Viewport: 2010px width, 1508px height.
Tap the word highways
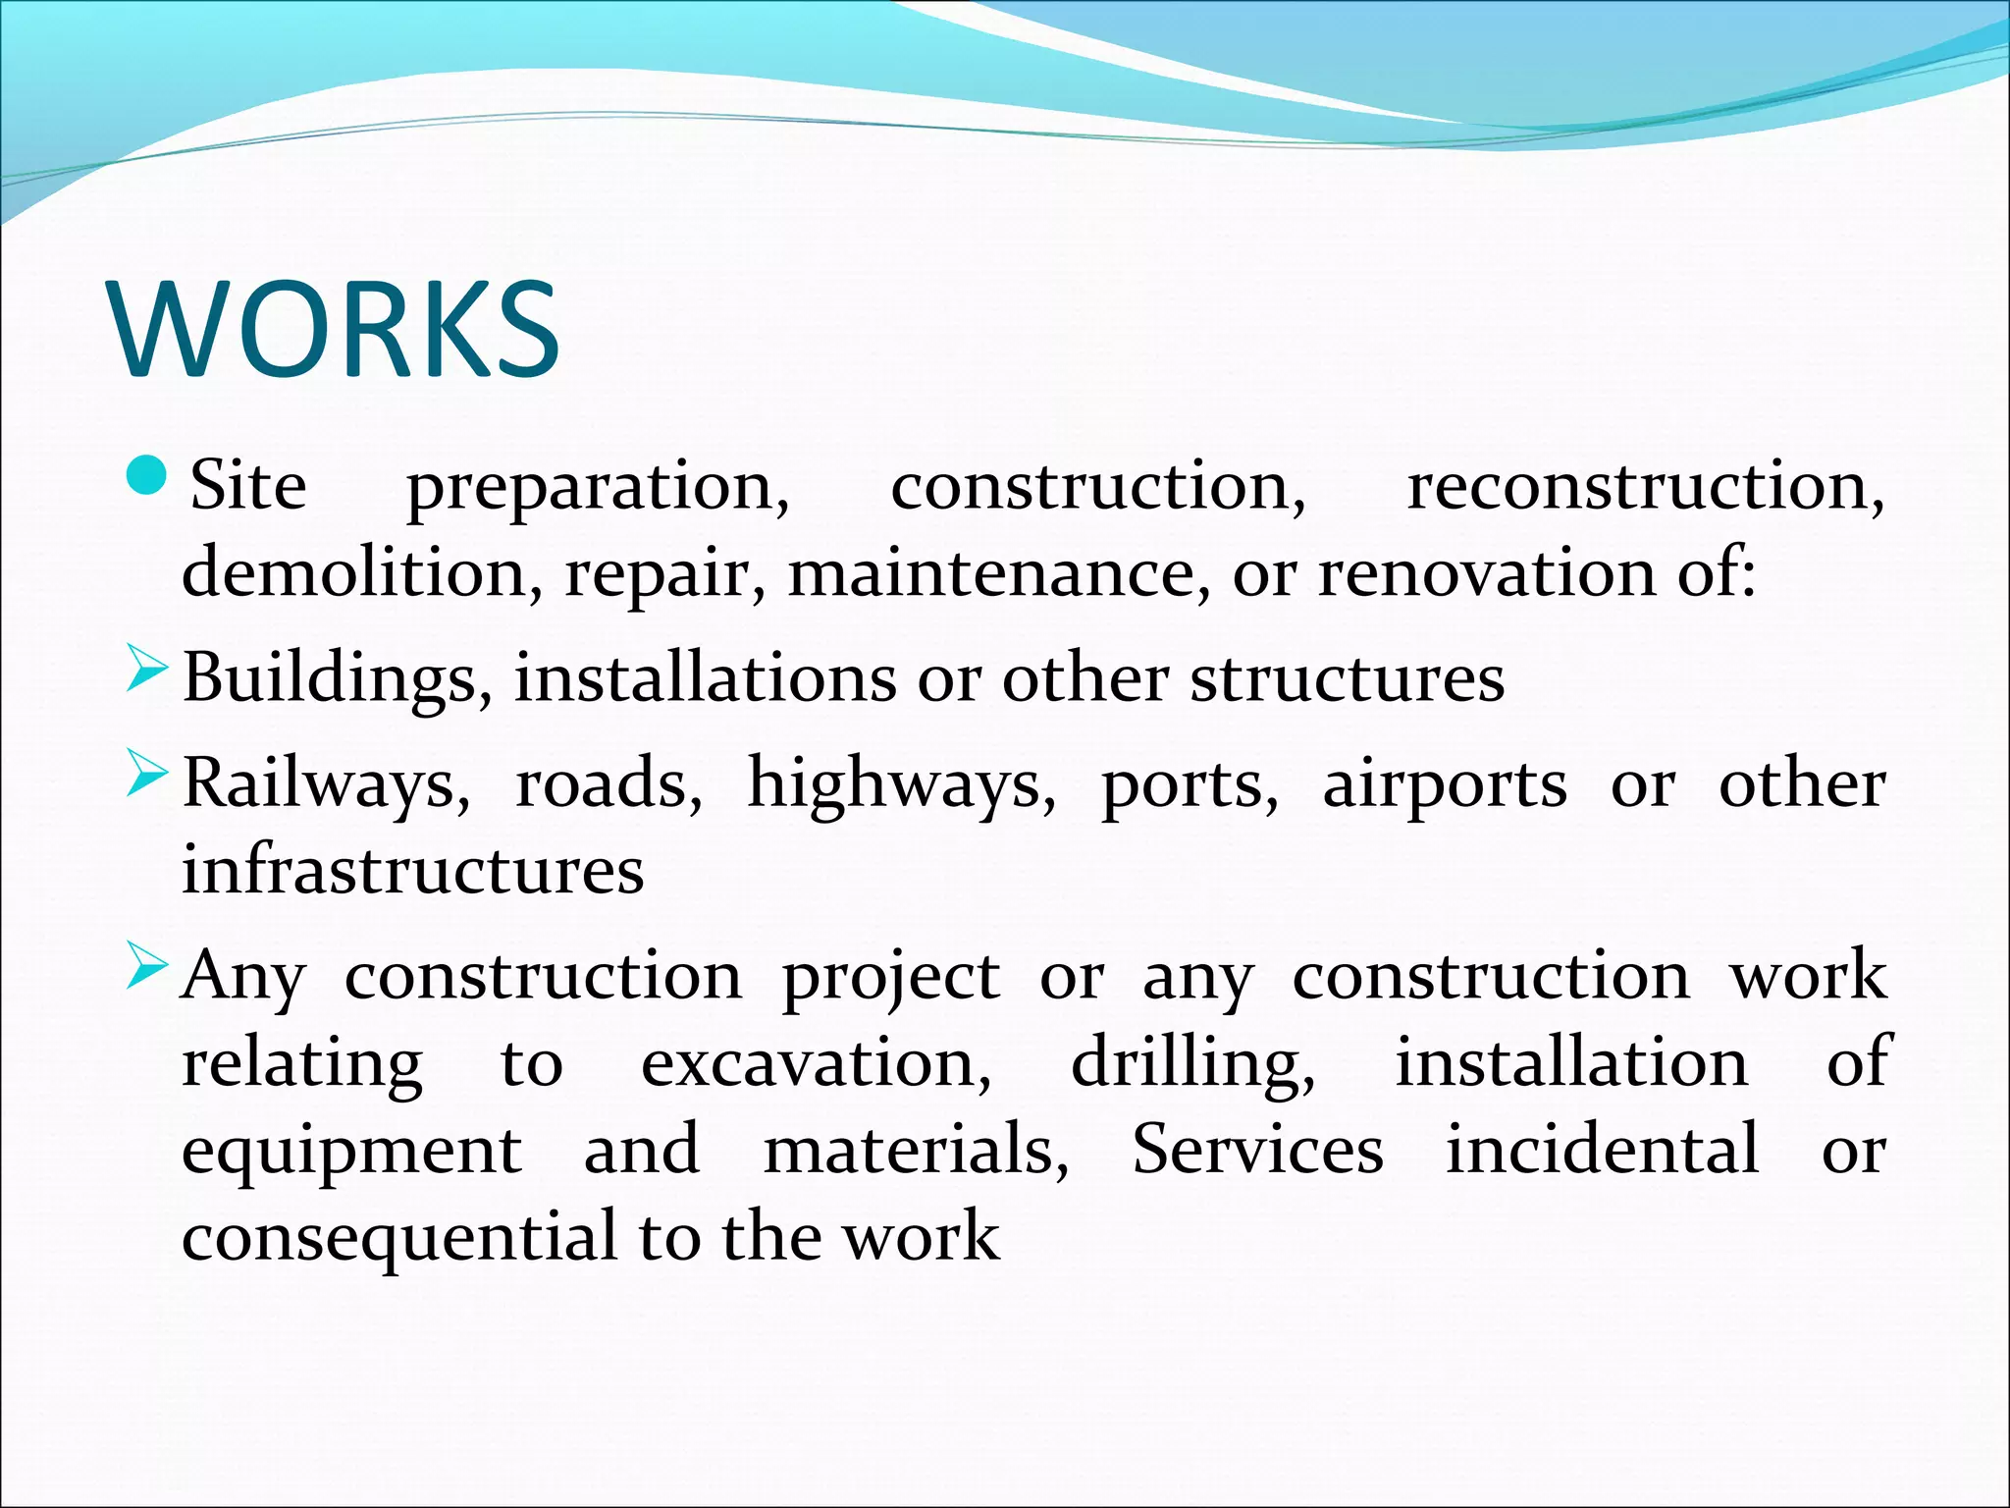[x=901, y=785]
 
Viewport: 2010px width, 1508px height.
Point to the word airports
[x=1444, y=785]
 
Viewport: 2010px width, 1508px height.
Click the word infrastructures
[x=412, y=870]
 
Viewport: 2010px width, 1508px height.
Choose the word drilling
[x=1192, y=1064]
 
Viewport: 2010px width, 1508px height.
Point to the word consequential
[x=398, y=1237]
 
